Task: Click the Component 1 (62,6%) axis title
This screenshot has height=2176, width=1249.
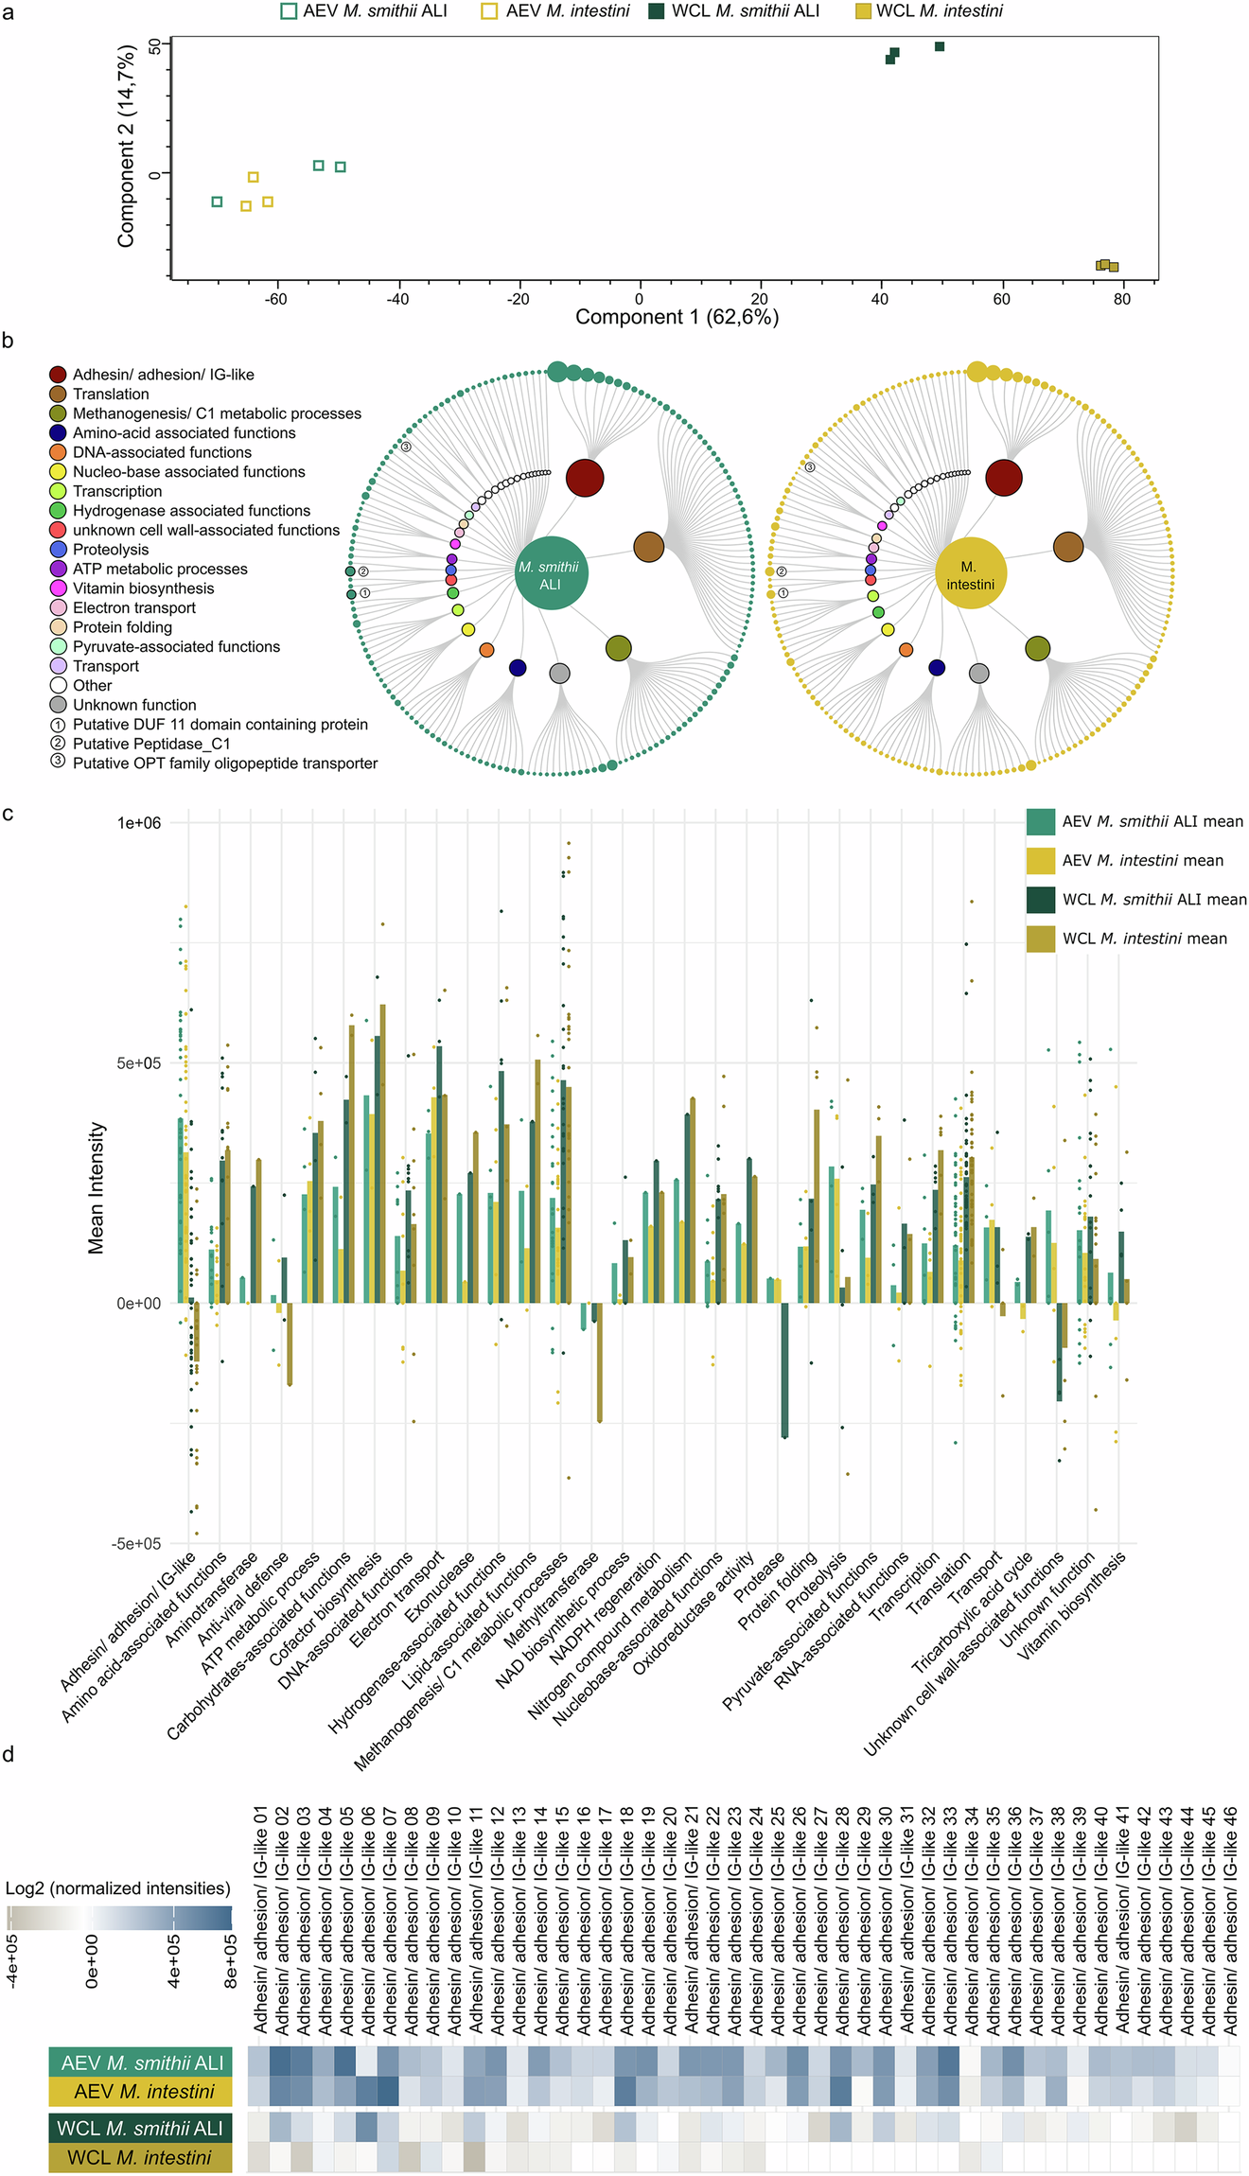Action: [677, 317]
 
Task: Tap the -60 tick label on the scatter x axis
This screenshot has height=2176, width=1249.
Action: [275, 300]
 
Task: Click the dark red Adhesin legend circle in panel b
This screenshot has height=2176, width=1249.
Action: [58, 375]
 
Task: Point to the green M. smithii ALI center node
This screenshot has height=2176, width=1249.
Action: [551, 574]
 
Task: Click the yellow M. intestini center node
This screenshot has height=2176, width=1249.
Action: [970, 574]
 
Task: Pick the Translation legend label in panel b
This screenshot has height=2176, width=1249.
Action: [111, 395]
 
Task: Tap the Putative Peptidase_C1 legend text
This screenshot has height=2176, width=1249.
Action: [151, 744]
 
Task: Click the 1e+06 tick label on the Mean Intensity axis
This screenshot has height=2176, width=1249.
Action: [139, 823]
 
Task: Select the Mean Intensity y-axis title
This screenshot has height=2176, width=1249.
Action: [97, 1188]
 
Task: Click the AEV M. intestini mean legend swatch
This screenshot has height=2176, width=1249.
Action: [1041, 861]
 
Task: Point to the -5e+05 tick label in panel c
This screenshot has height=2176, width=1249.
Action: [137, 1544]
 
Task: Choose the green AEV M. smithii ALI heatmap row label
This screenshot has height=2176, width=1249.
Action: [141, 2062]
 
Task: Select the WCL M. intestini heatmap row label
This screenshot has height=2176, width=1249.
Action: [141, 2158]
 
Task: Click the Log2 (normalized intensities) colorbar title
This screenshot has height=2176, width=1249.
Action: [118, 1888]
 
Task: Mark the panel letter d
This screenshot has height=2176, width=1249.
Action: [9, 1755]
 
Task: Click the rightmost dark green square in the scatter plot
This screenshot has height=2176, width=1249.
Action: [940, 46]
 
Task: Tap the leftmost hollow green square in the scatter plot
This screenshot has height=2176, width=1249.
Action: [218, 202]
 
